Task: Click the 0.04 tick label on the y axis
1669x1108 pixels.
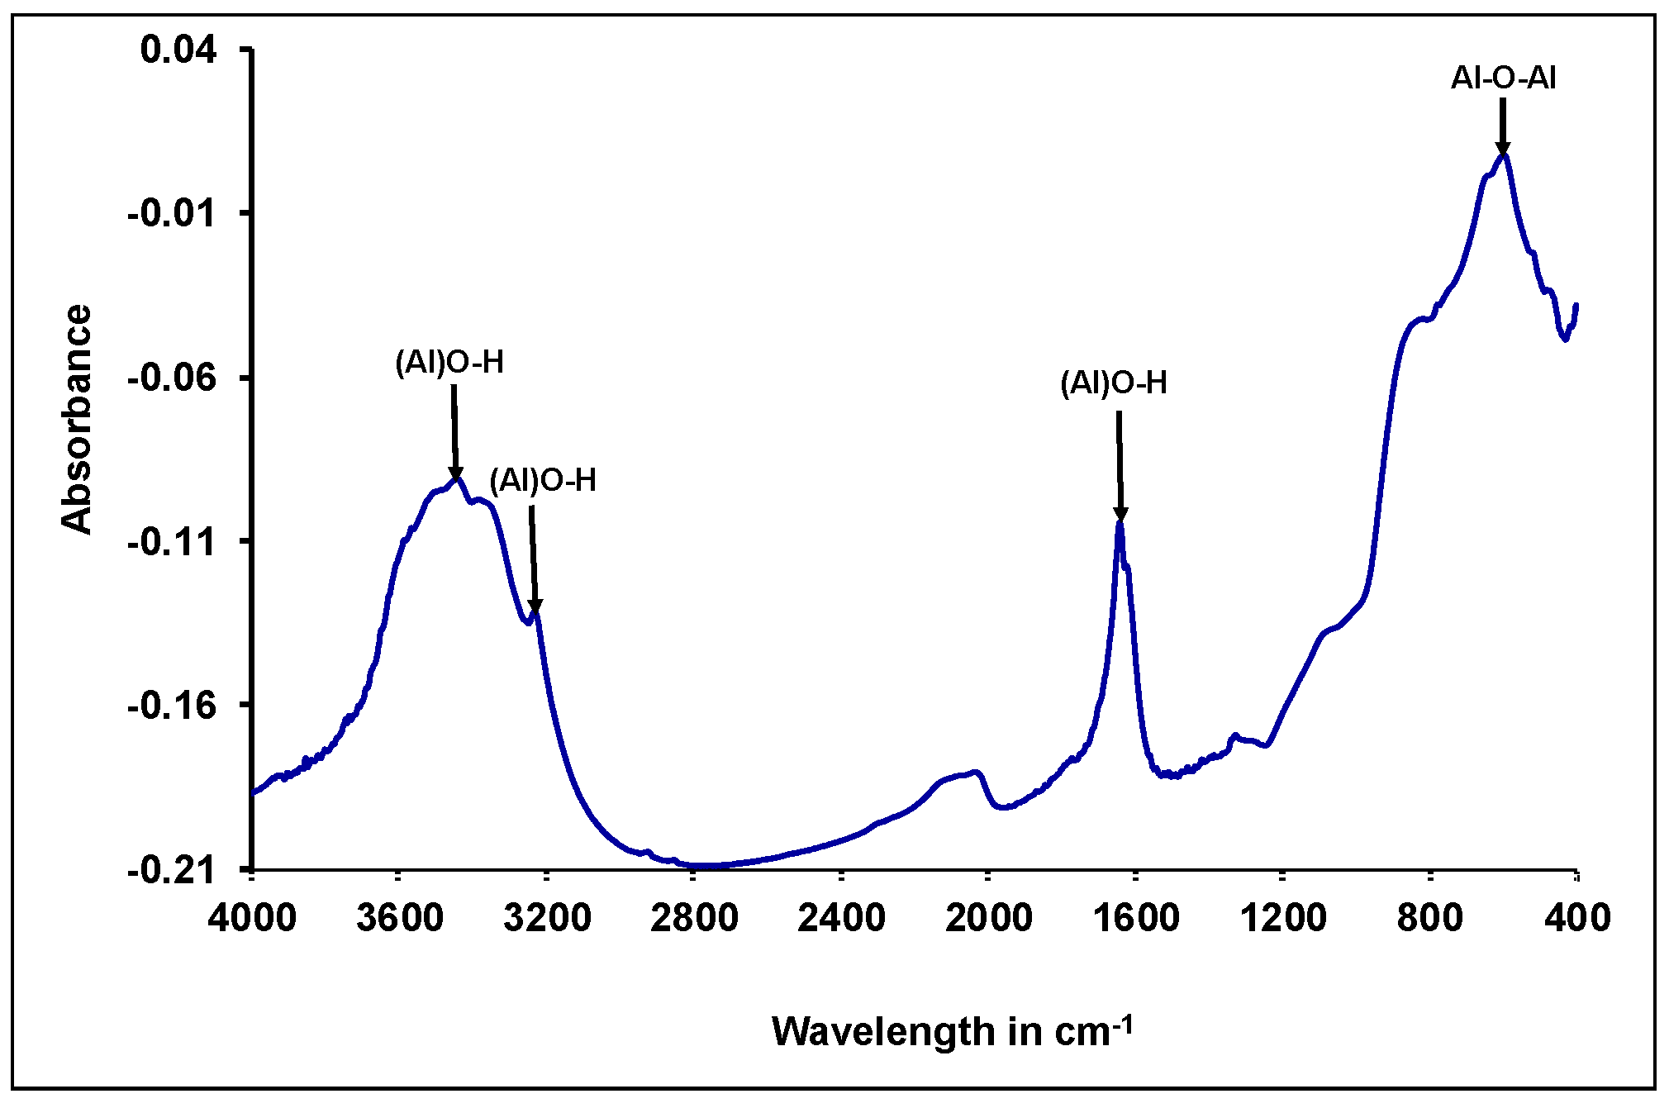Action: (x=178, y=50)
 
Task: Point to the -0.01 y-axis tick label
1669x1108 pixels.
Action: (x=171, y=213)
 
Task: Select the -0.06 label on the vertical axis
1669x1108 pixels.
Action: (x=171, y=378)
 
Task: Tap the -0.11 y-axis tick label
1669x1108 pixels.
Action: (x=171, y=541)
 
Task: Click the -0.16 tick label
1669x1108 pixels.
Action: (x=171, y=705)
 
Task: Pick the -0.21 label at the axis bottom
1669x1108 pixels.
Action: (x=171, y=869)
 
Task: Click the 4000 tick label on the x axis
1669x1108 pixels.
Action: (x=252, y=918)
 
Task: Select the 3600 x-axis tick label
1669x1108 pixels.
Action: (x=400, y=918)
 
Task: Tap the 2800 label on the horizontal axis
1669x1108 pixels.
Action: (x=694, y=918)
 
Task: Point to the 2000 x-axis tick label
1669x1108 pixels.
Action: (x=988, y=918)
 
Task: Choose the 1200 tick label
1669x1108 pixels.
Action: (x=1282, y=918)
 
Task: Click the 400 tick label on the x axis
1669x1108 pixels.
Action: (x=1577, y=918)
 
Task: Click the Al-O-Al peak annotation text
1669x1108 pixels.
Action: (x=1504, y=78)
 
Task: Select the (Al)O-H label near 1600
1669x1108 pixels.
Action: (x=1114, y=383)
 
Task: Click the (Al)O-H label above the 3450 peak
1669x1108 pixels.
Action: (x=449, y=363)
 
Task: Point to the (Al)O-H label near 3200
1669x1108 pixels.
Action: (x=543, y=480)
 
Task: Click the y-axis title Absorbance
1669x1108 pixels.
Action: (x=76, y=419)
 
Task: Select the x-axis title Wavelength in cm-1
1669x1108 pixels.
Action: (x=952, y=1031)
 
